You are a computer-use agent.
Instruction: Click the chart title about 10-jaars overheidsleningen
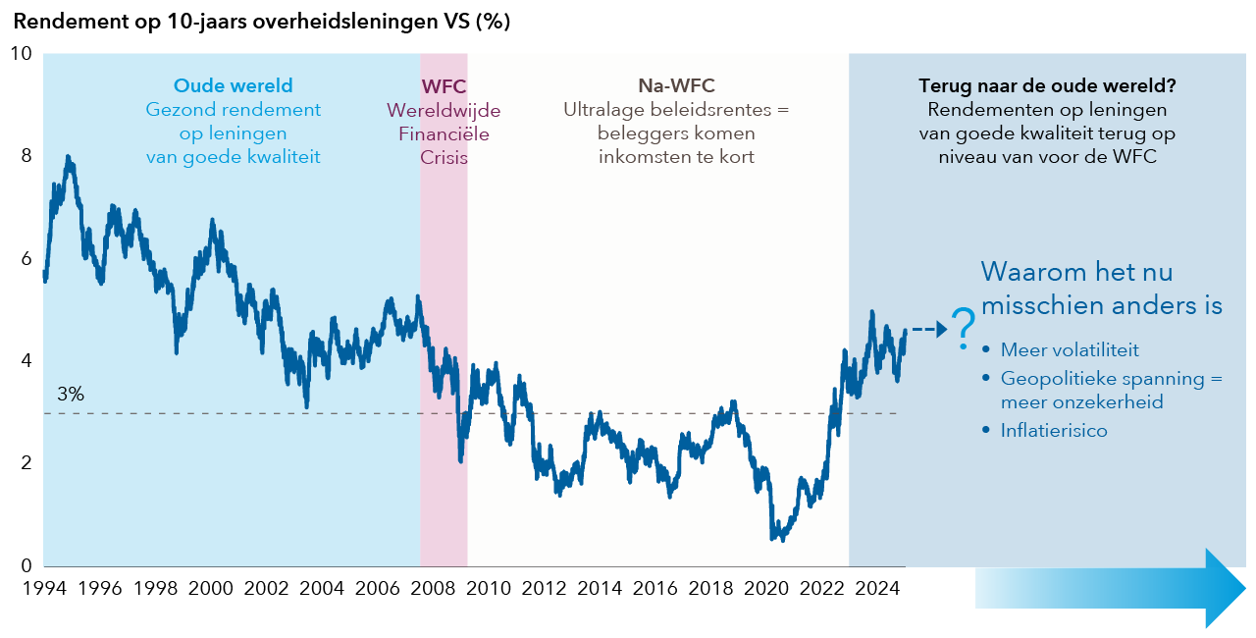point(262,21)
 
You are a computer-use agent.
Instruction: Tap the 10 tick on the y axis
point(20,53)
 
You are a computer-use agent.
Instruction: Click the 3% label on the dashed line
point(71,395)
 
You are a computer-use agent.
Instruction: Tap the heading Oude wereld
point(234,86)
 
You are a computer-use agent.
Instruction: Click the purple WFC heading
point(444,86)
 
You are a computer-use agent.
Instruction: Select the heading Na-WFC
point(676,86)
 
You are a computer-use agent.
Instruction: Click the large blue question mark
point(964,326)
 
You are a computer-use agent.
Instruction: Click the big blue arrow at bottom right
point(1109,589)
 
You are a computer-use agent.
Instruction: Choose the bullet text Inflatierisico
point(1054,430)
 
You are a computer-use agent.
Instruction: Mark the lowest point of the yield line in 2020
point(782,539)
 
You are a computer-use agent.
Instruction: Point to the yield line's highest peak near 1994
point(67,157)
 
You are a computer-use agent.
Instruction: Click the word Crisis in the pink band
point(444,156)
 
